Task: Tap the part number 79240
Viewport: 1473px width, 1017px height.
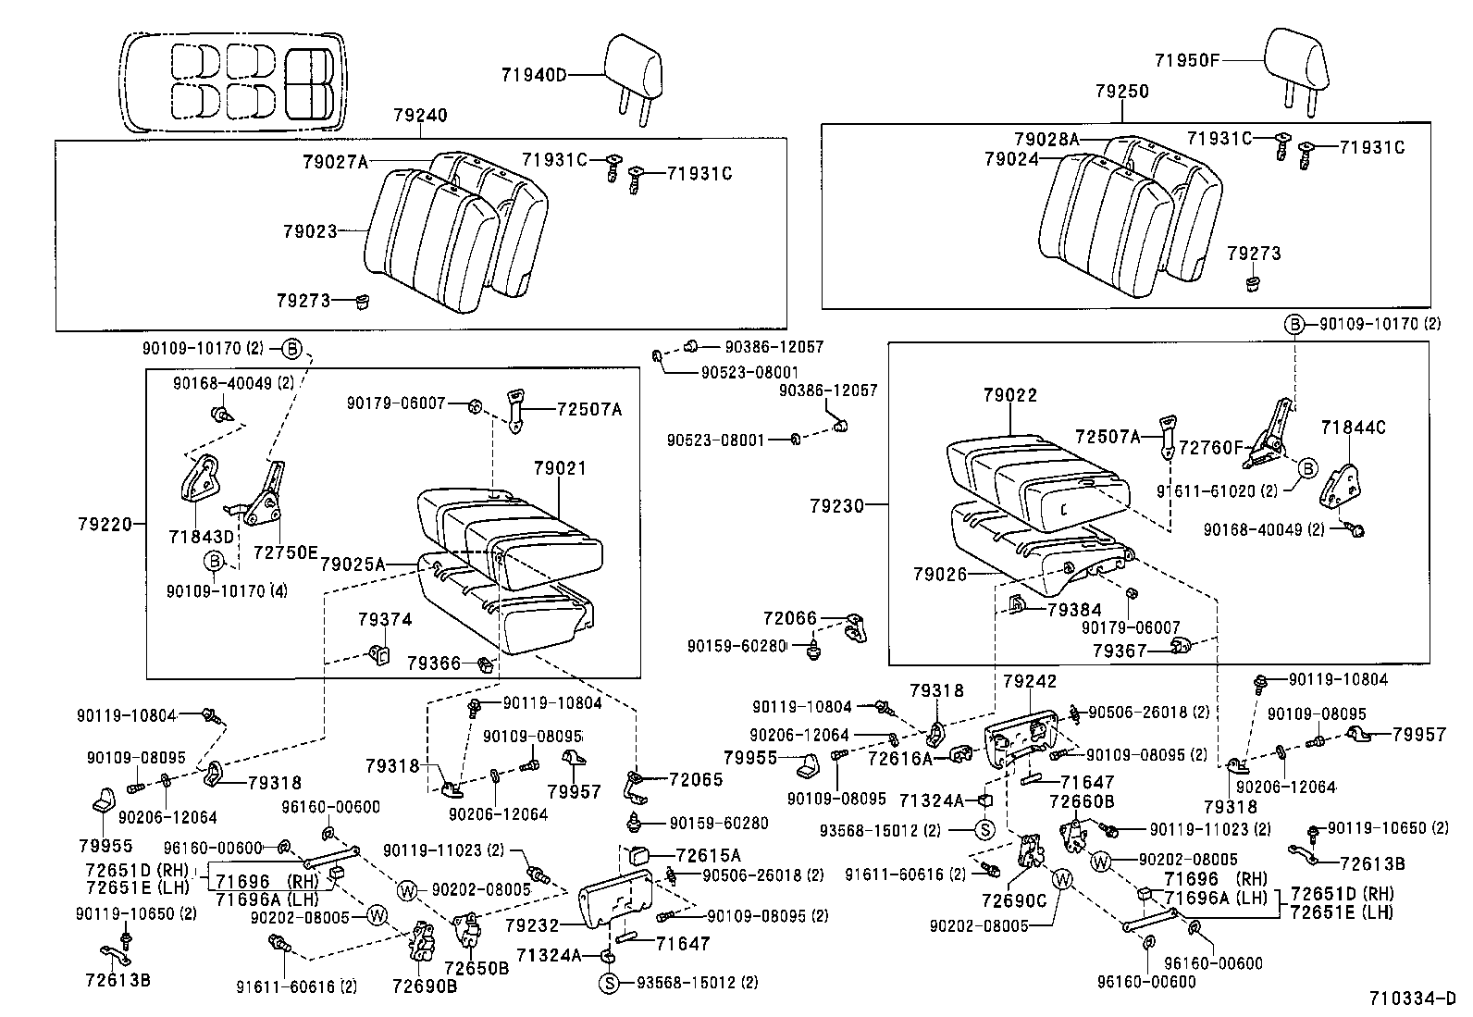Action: tap(419, 116)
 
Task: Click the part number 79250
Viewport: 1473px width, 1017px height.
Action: tap(1121, 92)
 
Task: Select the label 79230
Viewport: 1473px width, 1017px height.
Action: tap(836, 505)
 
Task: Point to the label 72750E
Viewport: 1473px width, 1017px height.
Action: tap(285, 552)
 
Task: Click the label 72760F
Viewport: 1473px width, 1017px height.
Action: tap(1208, 447)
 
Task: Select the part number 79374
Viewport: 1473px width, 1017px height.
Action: tap(385, 619)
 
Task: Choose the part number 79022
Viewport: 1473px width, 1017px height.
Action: tap(1010, 395)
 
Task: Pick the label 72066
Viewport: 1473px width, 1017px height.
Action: tap(789, 617)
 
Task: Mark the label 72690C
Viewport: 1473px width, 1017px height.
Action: tap(1013, 899)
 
